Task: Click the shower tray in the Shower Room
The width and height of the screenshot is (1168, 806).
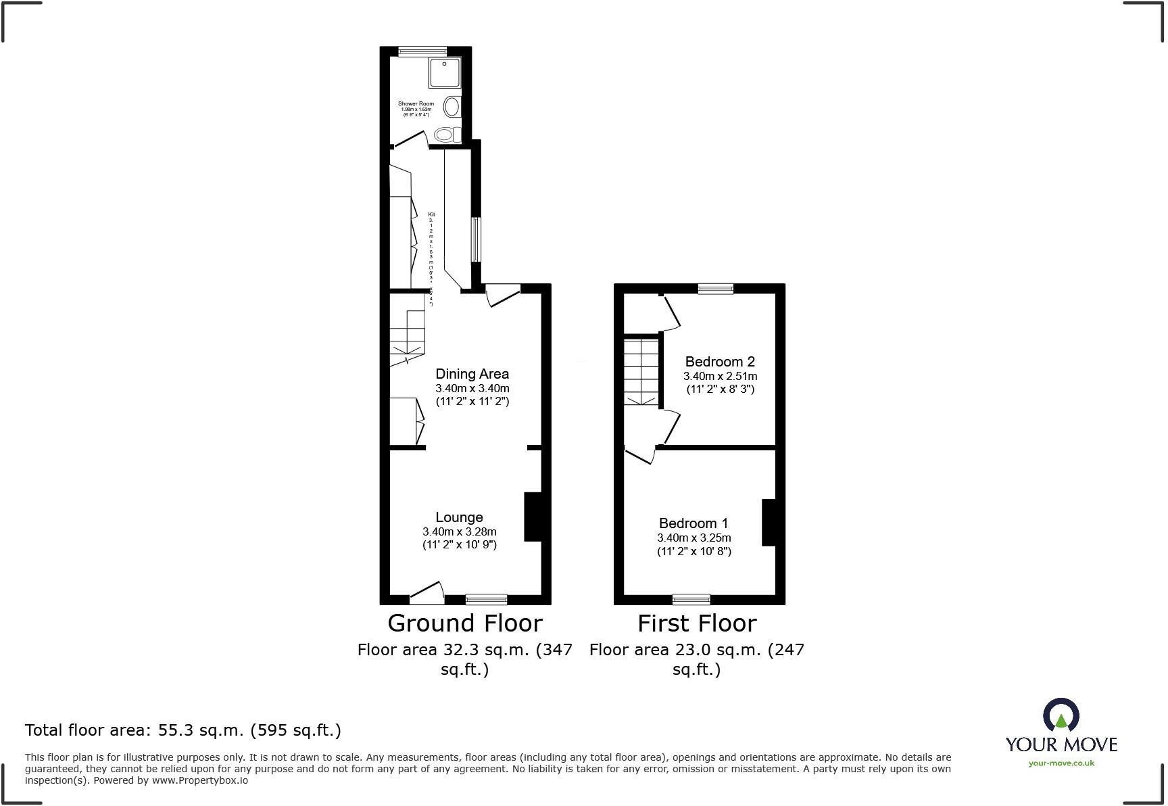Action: pyautogui.click(x=445, y=72)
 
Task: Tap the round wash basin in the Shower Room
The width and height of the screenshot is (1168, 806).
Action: pyautogui.click(x=452, y=106)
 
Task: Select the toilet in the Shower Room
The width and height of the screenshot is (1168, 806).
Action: pyautogui.click(x=447, y=134)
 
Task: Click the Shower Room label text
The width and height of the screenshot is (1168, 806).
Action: pyautogui.click(x=416, y=104)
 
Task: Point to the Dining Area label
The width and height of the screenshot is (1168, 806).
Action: pyautogui.click(x=472, y=374)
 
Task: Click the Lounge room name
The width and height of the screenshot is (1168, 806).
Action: pyautogui.click(x=459, y=517)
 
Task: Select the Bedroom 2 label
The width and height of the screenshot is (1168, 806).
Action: pyautogui.click(x=720, y=362)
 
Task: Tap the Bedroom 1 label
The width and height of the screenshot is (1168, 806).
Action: pyautogui.click(x=693, y=523)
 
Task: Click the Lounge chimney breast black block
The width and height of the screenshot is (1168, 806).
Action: pyautogui.click(x=533, y=517)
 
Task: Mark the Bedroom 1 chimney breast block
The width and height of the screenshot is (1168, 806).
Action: pyautogui.click(x=769, y=522)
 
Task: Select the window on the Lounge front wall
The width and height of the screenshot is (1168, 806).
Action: pyautogui.click(x=486, y=599)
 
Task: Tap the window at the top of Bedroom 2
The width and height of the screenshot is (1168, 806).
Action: pyautogui.click(x=715, y=289)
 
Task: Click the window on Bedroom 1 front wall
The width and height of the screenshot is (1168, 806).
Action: pyautogui.click(x=691, y=599)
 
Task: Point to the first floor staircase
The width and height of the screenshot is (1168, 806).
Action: pyautogui.click(x=640, y=372)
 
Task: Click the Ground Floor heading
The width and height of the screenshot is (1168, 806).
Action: pyautogui.click(x=464, y=623)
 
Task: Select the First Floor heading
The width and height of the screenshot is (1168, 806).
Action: pyautogui.click(x=697, y=623)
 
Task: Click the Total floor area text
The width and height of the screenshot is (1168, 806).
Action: pyautogui.click(x=182, y=730)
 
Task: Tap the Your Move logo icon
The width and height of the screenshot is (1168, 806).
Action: pyautogui.click(x=1061, y=715)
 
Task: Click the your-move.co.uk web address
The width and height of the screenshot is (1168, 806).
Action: pyautogui.click(x=1061, y=763)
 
